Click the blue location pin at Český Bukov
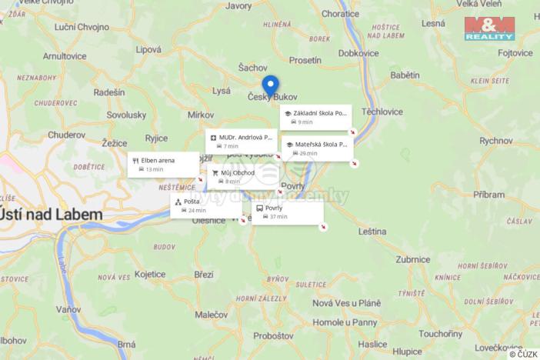click(x=270, y=85)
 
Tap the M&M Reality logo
click(x=489, y=28)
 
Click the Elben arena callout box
click(x=163, y=164)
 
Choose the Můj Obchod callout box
click(x=242, y=177)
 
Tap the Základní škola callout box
click(x=315, y=117)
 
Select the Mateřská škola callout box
click(x=318, y=148)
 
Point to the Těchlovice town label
click(x=382, y=112)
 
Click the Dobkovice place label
click(x=358, y=53)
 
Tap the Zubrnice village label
click(x=413, y=260)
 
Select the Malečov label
click(x=211, y=315)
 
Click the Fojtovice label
click(x=515, y=53)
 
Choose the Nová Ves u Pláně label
click(x=346, y=302)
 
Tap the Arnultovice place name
click(x=65, y=56)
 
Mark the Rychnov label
click(x=495, y=141)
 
